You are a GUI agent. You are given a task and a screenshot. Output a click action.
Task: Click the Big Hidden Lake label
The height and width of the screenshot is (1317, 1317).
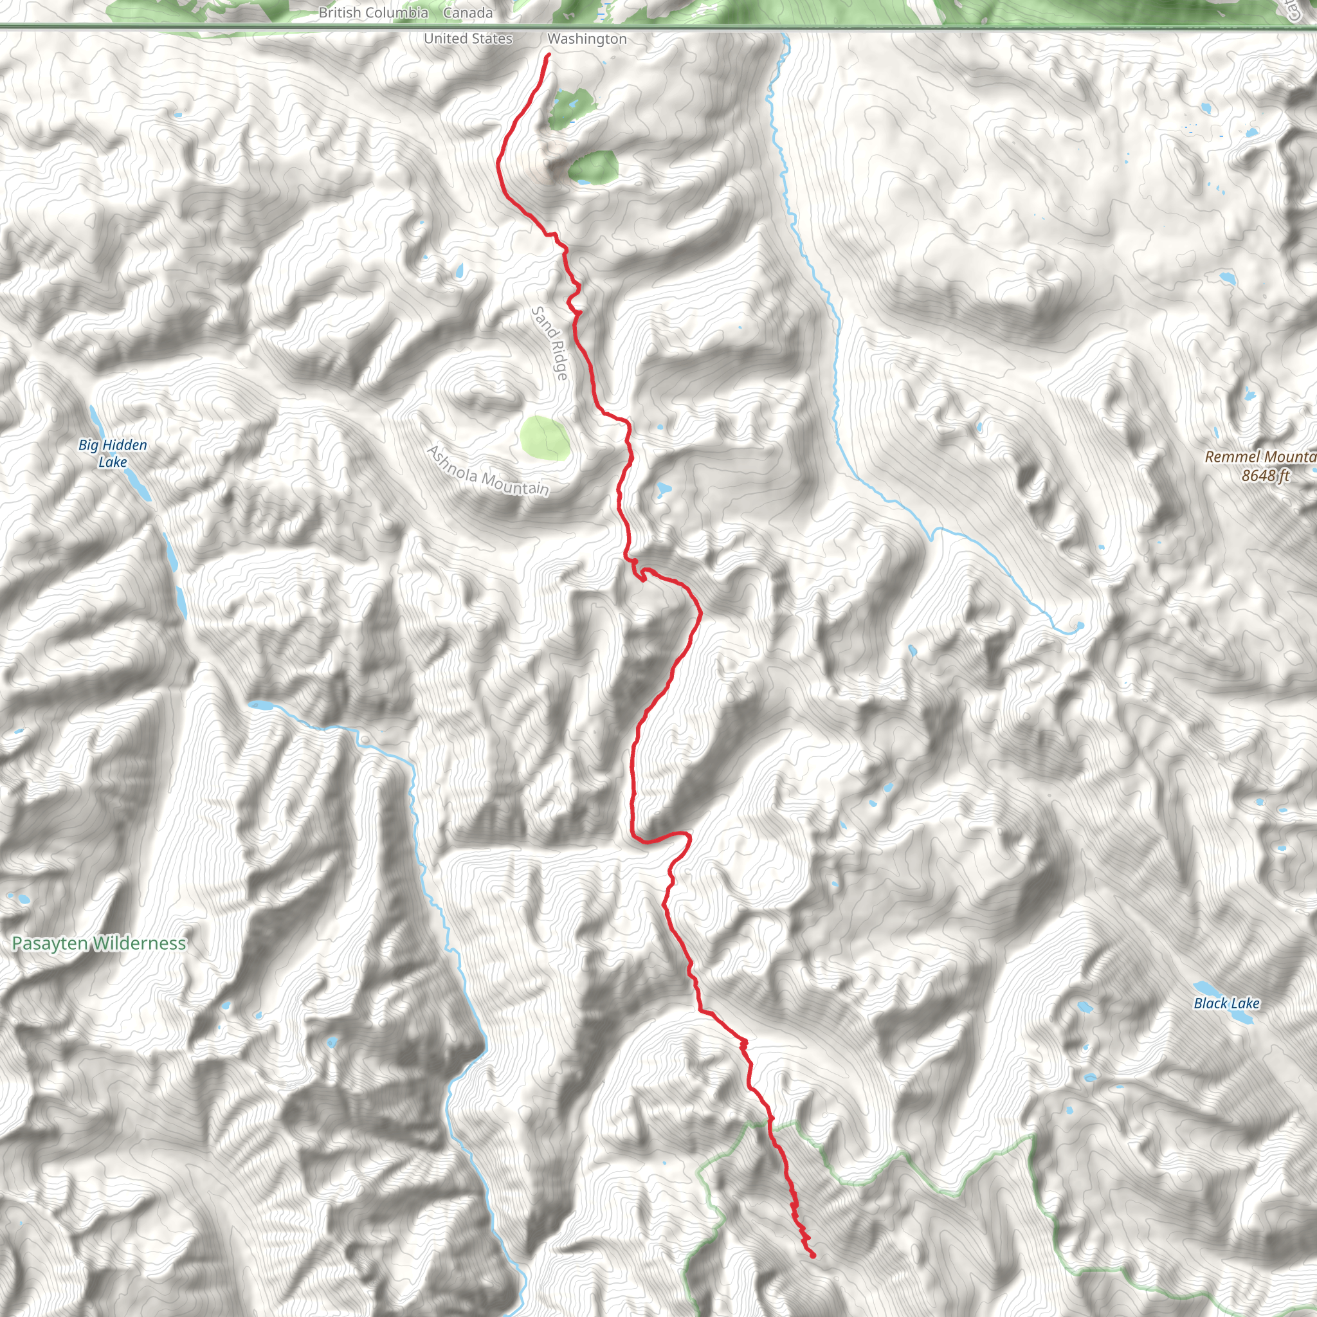(x=113, y=453)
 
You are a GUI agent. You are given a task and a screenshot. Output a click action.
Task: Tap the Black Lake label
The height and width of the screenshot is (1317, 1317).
(x=1226, y=1003)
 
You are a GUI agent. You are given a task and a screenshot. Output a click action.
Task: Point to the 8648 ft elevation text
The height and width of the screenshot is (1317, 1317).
(x=1265, y=475)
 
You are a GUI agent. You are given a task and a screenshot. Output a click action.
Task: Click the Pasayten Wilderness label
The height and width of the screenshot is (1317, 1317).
(x=99, y=943)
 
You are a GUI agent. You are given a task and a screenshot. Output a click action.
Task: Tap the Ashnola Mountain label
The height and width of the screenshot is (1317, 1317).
(x=488, y=470)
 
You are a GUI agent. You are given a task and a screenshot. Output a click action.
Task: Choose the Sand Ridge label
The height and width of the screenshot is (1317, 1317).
(x=549, y=343)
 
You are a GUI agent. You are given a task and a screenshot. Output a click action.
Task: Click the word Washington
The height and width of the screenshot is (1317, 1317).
(x=587, y=39)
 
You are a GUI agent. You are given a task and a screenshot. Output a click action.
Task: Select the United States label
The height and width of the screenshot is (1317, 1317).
(x=468, y=38)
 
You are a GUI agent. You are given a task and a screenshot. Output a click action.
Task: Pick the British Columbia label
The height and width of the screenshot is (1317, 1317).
(x=373, y=12)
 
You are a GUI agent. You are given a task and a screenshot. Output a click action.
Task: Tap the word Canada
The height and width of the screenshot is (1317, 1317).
(x=468, y=12)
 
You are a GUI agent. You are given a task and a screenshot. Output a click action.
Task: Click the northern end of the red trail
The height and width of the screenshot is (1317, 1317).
(x=548, y=55)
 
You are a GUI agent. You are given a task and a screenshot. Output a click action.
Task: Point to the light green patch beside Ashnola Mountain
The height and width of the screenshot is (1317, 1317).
(x=544, y=439)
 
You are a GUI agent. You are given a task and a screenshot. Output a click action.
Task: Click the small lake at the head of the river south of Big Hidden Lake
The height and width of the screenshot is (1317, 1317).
(x=260, y=704)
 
